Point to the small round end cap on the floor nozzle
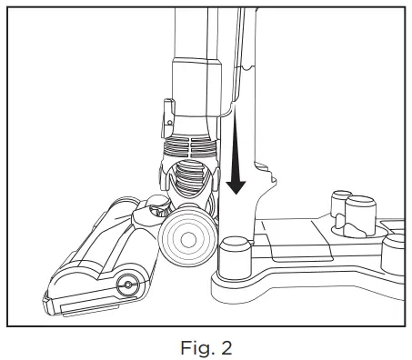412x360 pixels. (126, 285)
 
